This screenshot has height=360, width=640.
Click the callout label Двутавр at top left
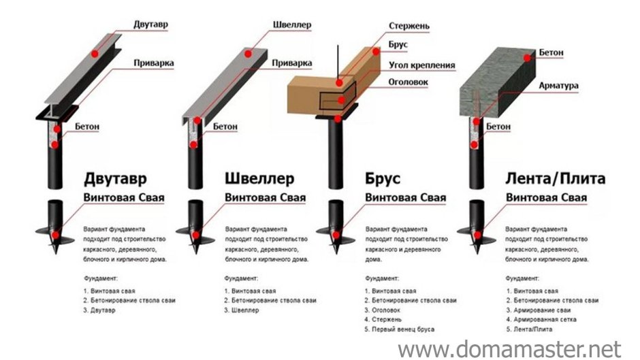coord(150,24)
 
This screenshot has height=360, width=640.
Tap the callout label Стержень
coord(409,27)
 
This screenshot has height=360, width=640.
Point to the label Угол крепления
coord(421,65)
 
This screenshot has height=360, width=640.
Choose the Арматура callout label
coord(558,86)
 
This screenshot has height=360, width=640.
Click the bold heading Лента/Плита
coord(556,179)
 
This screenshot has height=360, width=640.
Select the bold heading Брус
coord(383,179)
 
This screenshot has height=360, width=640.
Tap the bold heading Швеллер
coord(259,179)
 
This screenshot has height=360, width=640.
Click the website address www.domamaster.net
coord(510,348)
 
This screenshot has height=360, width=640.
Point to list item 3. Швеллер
coord(241,310)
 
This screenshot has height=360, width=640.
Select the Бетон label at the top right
coord(551,52)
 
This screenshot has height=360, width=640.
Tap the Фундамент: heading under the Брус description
coord(381,278)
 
